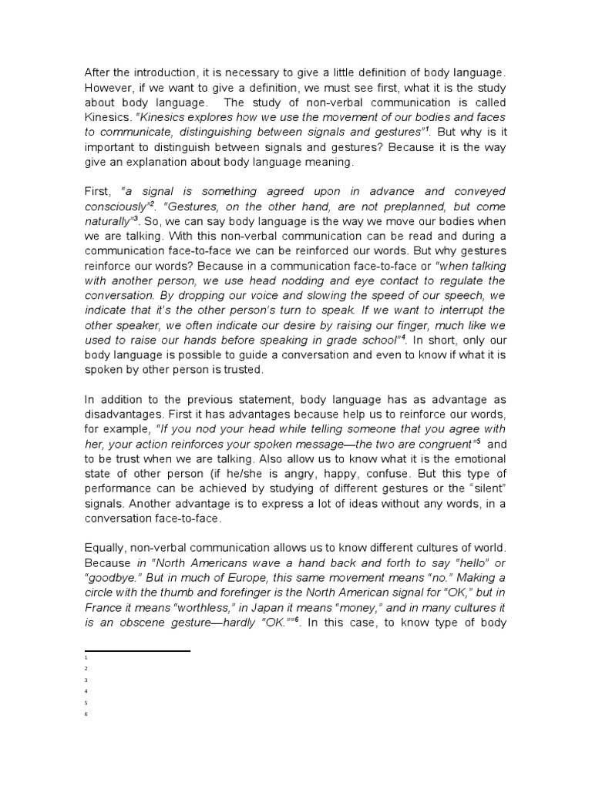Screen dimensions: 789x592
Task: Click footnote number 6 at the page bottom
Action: click(x=86, y=714)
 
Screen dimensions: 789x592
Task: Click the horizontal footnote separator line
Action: click(x=137, y=651)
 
